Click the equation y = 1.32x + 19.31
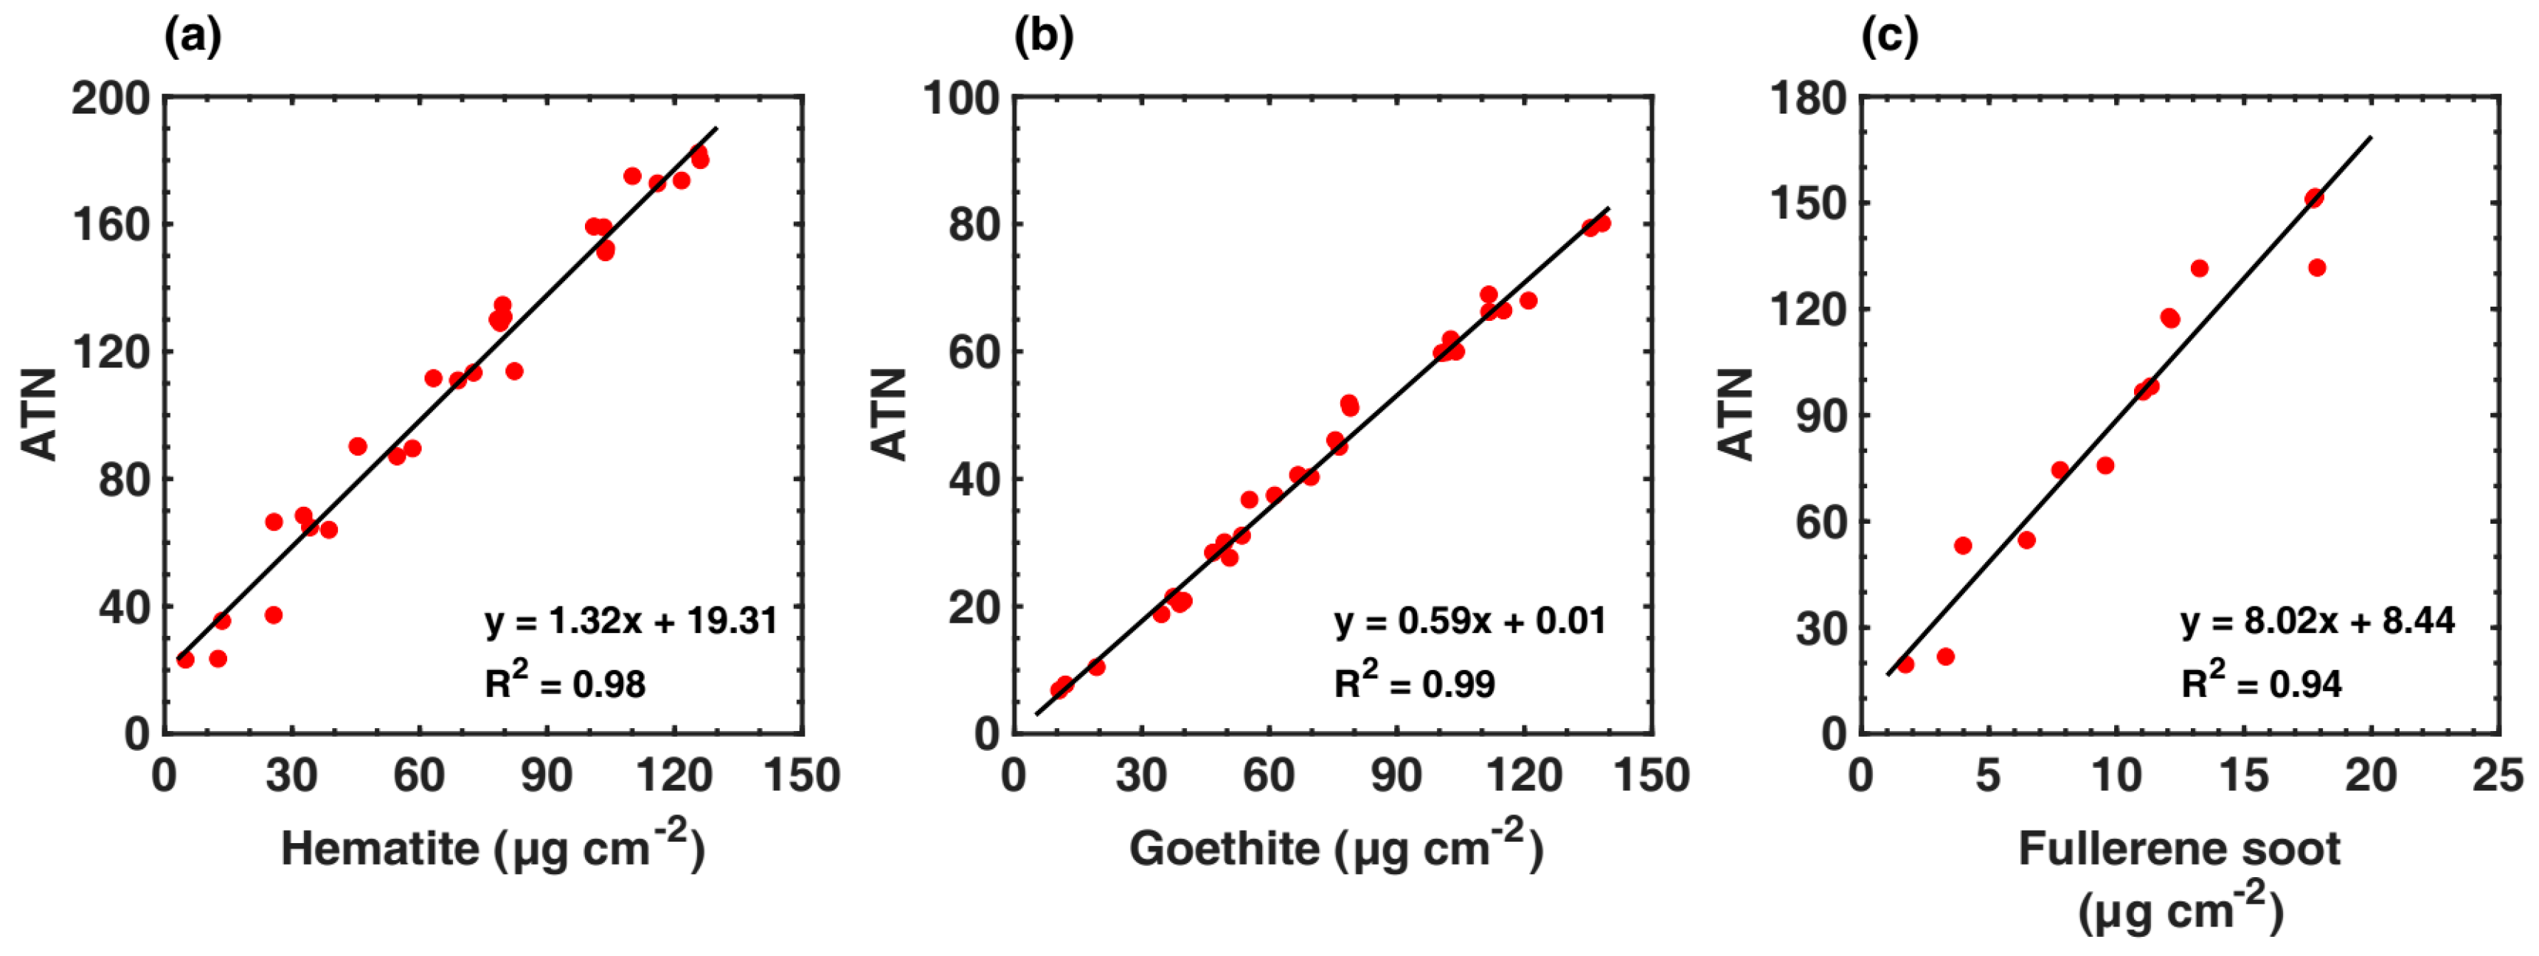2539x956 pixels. click(631, 621)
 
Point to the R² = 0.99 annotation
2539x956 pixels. click(1414, 682)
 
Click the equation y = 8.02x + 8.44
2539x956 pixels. click(2317, 621)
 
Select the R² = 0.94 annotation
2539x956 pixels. click(2261, 682)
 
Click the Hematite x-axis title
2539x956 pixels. click(493, 848)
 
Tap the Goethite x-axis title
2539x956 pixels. click(1336, 848)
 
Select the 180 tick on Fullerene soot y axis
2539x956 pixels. click(1808, 99)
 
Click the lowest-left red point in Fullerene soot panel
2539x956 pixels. click(1905, 665)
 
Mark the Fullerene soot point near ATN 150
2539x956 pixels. click(2314, 198)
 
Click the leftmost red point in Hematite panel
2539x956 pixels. click(185, 659)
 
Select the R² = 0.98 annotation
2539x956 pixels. click(565, 682)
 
